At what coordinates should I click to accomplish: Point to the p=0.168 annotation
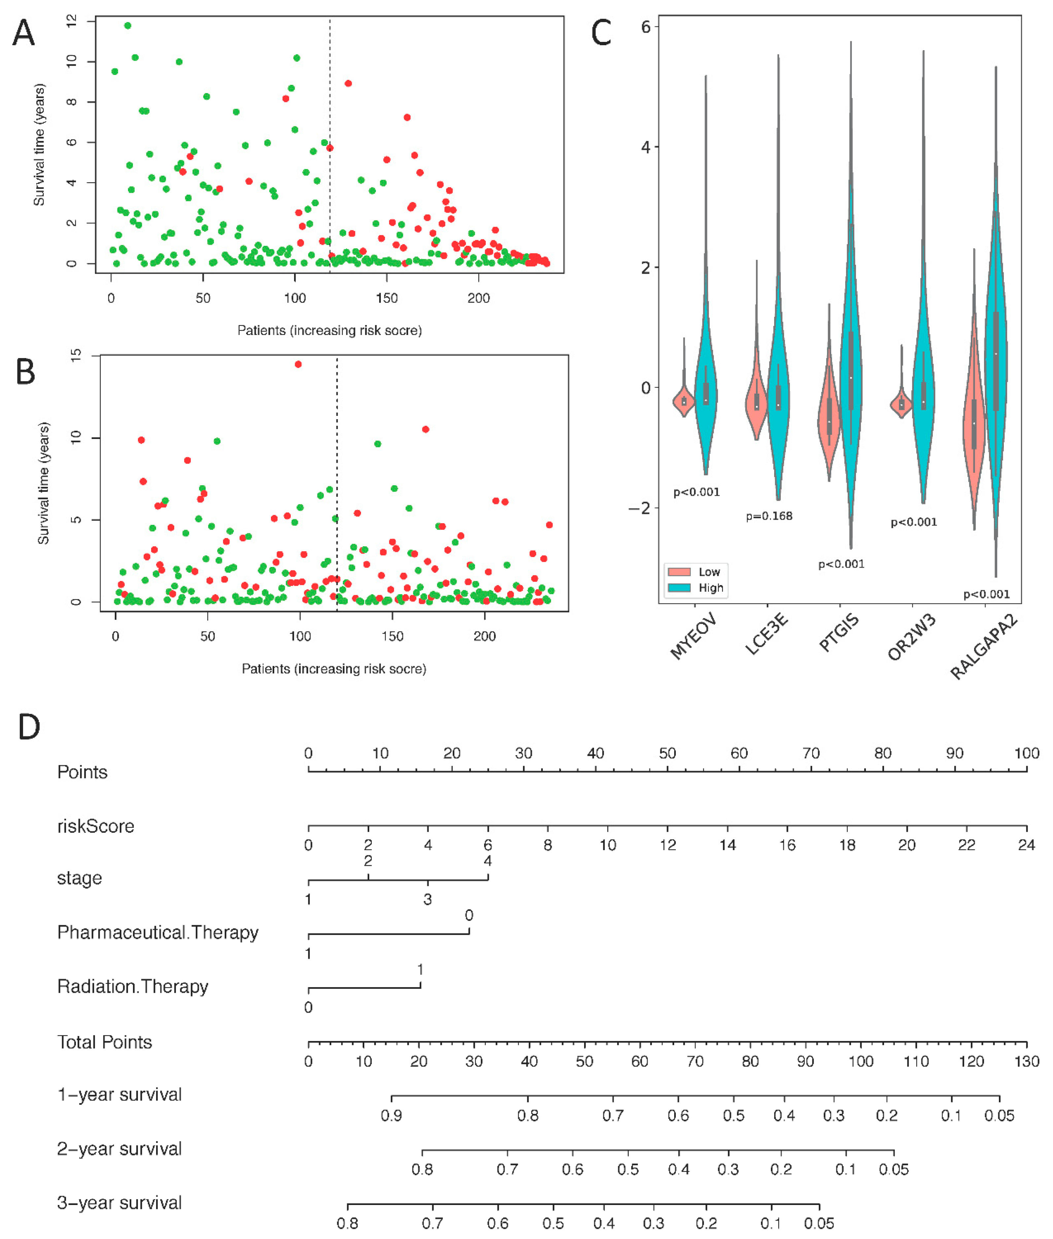pos(769,516)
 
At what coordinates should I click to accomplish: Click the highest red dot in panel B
pos(298,364)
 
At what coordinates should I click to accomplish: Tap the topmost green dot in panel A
pos(127,26)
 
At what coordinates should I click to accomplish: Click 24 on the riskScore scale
pos(1026,845)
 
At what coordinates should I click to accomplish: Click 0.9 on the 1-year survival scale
pos(392,1116)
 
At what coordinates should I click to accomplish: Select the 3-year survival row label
pos(119,1203)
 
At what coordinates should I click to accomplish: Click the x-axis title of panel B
pos(334,669)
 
